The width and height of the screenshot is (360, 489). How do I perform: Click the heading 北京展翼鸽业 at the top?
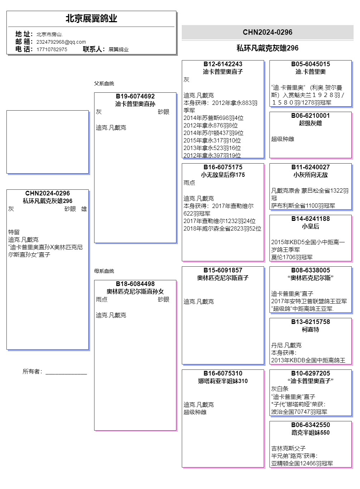click(x=91, y=19)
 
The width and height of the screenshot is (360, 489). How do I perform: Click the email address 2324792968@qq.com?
click(x=61, y=42)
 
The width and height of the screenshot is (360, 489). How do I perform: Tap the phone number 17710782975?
click(x=52, y=49)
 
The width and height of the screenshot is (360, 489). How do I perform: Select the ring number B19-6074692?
click(x=135, y=96)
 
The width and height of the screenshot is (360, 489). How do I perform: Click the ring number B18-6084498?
click(x=135, y=284)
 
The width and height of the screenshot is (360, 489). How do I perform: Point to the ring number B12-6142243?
click(x=223, y=64)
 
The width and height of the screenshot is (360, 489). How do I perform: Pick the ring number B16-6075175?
click(x=223, y=167)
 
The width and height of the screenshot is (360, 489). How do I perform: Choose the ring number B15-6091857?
click(x=223, y=270)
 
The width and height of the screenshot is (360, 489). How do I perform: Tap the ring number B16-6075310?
click(x=223, y=373)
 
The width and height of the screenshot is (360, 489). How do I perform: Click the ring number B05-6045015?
click(x=310, y=64)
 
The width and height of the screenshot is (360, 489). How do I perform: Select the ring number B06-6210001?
click(x=310, y=116)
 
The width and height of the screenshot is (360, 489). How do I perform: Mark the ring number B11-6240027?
click(x=310, y=167)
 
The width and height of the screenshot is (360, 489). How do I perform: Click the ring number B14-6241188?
click(x=310, y=219)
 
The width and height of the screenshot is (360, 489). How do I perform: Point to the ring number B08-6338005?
click(x=310, y=270)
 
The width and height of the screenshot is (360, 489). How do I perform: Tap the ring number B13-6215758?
click(x=310, y=322)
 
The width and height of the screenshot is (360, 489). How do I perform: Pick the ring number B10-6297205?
click(x=310, y=373)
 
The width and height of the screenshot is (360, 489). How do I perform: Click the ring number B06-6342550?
click(x=310, y=425)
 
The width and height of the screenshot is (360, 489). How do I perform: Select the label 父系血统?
click(x=104, y=83)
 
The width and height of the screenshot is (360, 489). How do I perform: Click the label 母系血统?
click(x=104, y=271)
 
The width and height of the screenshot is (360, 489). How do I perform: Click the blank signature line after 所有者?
click(x=66, y=372)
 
